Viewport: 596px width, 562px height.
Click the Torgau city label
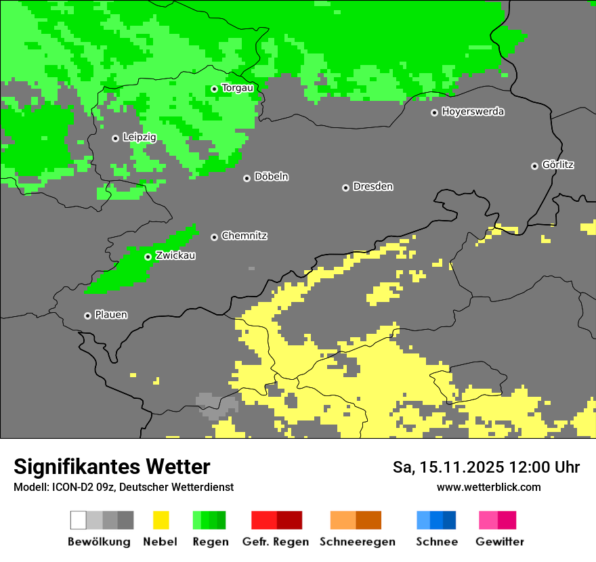pyautogui.click(x=238, y=88)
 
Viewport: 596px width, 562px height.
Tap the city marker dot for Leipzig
pyautogui.click(x=115, y=138)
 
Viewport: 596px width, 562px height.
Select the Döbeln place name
pyautogui.click(x=271, y=177)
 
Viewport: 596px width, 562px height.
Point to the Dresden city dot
pyautogui.click(x=345, y=188)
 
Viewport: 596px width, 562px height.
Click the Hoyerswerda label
pyautogui.click(x=473, y=112)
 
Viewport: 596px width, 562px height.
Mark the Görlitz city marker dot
pyautogui.click(x=534, y=166)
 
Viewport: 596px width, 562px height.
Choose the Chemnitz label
pyautogui.click(x=244, y=236)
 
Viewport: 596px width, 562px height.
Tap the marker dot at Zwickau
pyautogui.click(x=148, y=257)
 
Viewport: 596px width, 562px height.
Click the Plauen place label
pyautogui.click(x=111, y=315)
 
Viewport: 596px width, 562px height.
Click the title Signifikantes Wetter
pyautogui.click(x=112, y=467)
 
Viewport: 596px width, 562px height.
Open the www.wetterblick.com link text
pyautogui.click(x=488, y=487)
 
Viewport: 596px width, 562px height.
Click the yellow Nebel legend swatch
pyautogui.click(x=161, y=520)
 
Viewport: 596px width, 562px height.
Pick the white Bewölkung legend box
pyautogui.click(x=78, y=520)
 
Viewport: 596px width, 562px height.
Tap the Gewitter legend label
pyautogui.click(x=500, y=542)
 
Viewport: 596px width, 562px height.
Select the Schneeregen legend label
pyautogui.click(x=358, y=542)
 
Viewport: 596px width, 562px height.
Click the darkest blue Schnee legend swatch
pyautogui.click(x=450, y=520)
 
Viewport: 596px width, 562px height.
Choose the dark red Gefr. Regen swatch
pyautogui.click(x=289, y=520)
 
